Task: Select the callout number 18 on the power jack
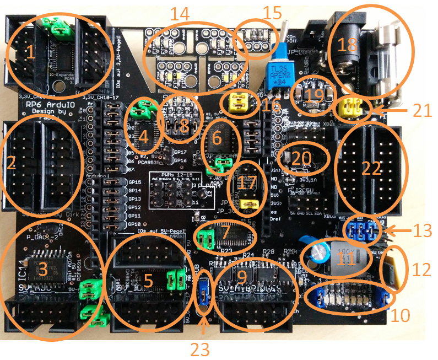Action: coord(347,45)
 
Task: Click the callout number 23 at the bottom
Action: coord(203,347)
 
